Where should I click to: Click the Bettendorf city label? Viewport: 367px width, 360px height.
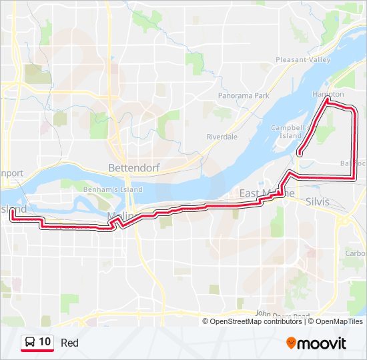(134, 167)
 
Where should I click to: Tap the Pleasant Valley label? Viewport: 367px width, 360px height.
(304, 60)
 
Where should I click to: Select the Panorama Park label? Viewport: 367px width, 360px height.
(244, 96)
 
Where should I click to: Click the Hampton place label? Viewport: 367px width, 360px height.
(328, 95)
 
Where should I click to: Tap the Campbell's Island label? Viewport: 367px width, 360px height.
(287, 131)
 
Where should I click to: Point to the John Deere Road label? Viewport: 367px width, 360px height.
(282, 315)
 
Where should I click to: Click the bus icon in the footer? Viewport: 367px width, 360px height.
(30, 343)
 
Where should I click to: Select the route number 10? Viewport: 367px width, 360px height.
(45, 342)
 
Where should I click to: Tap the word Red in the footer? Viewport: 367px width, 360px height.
(69, 343)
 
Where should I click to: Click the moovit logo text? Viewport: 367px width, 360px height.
(322, 343)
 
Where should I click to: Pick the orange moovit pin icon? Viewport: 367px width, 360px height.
(292, 343)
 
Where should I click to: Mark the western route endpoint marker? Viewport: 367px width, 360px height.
(13, 211)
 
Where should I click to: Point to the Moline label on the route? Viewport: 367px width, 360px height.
(121, 215)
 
